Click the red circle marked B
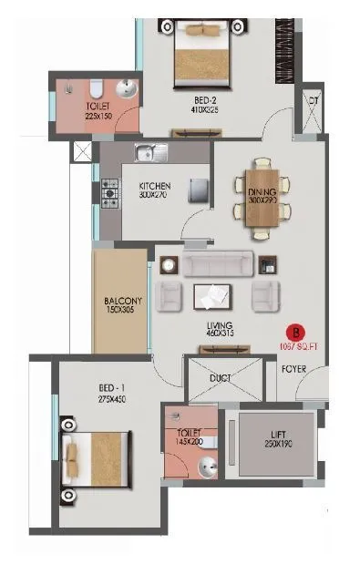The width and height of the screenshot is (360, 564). [x=294, y=333]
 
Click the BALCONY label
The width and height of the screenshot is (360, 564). [x=119, y=298]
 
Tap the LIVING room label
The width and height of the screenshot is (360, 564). [x=220, y=325]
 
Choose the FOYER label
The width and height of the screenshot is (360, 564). [x=293, y=369]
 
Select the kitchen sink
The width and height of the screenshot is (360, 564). [x=150, y=153]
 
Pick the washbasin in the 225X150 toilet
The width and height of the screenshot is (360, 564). [x=126, y=89]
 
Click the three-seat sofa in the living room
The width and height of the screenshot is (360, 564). [x=216, y=263]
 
